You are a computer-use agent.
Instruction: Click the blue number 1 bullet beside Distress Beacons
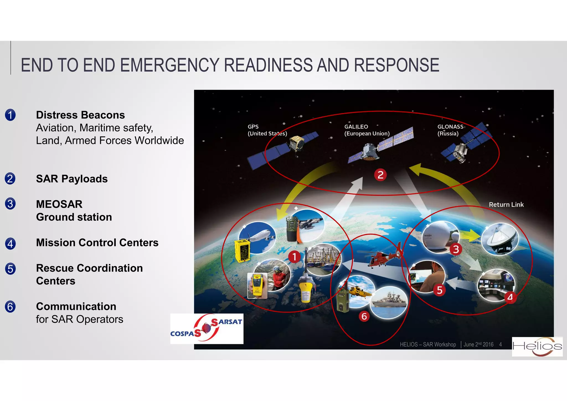pos(10,115)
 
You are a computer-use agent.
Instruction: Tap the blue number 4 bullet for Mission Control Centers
pos(10,244)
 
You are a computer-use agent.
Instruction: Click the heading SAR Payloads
pos(72,179)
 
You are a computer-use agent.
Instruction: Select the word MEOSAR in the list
pos(59,204)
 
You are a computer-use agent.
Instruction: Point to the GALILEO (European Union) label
pos(367,130)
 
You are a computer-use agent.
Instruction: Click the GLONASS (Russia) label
pos(450,130)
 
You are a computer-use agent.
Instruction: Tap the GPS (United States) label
pos(267,130)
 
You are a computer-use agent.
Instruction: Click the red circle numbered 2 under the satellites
pos(380,175)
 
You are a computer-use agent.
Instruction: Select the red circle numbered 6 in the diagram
pos(364,316)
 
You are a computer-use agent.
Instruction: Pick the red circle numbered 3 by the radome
pos(456,249)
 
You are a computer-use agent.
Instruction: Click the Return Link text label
pos(506,205)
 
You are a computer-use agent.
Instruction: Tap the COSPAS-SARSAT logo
pos(207,328)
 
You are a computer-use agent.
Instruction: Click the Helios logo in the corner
pos(537,346)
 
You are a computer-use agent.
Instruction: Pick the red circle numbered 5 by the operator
pos(439,290)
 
